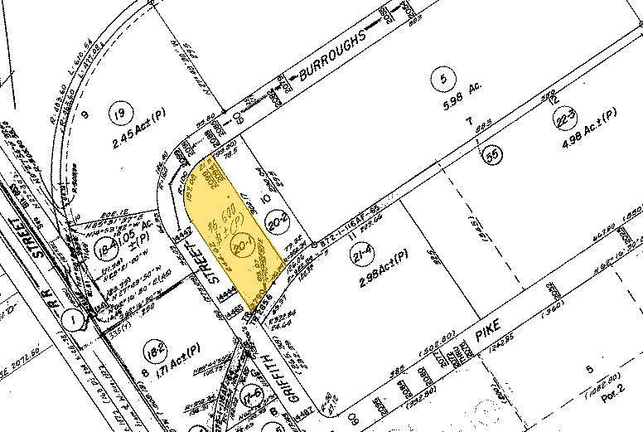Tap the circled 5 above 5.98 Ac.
(444, 80)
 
